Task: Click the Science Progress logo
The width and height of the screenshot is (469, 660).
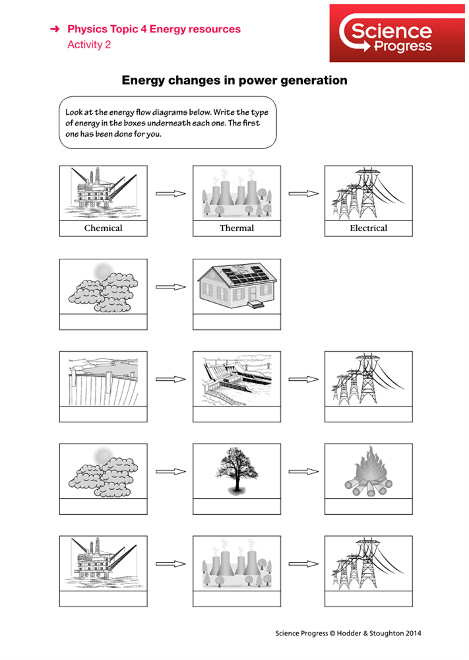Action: pyautogui.click(x=385, y=33)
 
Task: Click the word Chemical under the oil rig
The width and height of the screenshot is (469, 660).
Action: pyautogui.click(x=103, y=228)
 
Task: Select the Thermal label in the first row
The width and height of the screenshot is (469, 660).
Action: pyautogui.click(x=236, y=228)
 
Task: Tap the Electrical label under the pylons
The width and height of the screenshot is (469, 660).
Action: pyautogui.click(x=368, y=228)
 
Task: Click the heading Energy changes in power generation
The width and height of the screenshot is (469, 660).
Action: pyautogui.click(x=234, y=81)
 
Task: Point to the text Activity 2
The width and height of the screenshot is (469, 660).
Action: pyautogui.click(x=89, y=45)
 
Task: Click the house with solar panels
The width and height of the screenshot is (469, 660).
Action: pyautogui.click(x=236, y=285)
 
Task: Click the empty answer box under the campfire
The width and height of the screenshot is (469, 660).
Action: pyautogui.click(x=368, y=506)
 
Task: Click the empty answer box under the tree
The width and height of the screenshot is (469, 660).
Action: pyautogui.click(x=236, y=506)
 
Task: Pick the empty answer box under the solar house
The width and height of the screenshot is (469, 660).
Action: pyautogui.click(x=236, y=321)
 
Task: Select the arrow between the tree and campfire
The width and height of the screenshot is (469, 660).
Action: pyautogui.click(x=303, y=472)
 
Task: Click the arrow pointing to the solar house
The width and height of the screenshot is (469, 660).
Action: pyautogui.click(x=170, y=287)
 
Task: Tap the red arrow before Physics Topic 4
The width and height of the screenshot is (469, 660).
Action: pyautogui.click(x=55, y=30)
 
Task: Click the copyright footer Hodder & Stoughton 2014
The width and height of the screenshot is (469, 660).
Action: pyautogui.click(x=348, y=634)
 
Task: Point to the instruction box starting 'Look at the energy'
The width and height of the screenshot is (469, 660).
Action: pyautogui.click(x=166, y=123)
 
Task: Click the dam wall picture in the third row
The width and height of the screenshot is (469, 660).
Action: pyautogui.click(x=103, y=379)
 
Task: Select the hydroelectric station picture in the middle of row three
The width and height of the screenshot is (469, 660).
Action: pyautogui.click(x=236, y=379)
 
